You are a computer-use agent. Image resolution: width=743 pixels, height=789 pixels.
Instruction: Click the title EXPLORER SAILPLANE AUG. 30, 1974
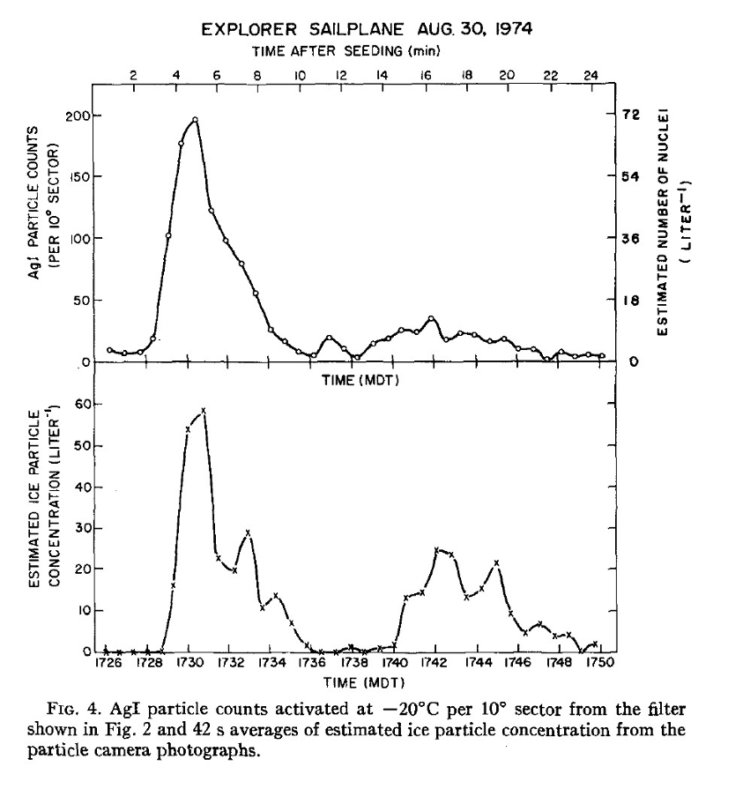pyautogui.click(x=366, y=30)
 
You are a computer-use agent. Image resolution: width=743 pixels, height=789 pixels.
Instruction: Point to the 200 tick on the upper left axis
pyautogui.click(x=78, y=115)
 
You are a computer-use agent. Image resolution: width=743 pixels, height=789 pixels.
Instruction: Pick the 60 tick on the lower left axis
pyautogui.click(x=85, y=404)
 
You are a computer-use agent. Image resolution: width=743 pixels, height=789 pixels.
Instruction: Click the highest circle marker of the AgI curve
pyautogui.click(x=195, y=120)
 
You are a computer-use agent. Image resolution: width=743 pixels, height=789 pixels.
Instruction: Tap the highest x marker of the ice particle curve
pyautogui.click(x=204, y=411)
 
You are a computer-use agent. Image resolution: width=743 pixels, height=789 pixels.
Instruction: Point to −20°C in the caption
pyautogui.click(x=463, y=708)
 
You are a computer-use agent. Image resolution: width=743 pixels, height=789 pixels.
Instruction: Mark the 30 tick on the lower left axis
pyautogui.click(x=85, y=528)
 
